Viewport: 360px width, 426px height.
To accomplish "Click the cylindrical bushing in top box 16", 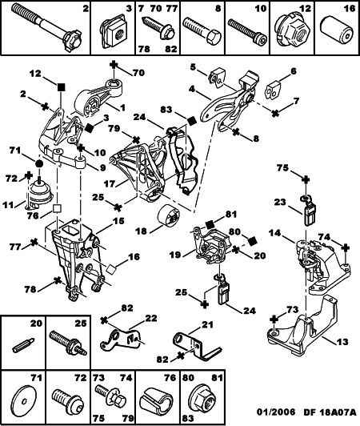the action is pyautogui.click(x=337, y=31).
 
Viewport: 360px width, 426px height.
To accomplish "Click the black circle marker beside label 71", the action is pyautogui.click(x=39, y=164).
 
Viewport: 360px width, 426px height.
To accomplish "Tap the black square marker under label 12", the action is pyautogui.click(x=62, y=87).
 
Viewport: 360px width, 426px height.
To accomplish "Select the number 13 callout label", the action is pyautogui.click(x=342, y=341).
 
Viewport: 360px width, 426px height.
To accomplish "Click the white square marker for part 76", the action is pyautogui.click(x=58, y=209).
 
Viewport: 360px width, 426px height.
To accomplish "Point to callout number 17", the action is pyautogui.click(x=110, y=183).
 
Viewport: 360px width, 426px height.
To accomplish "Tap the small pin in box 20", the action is pyautogui.click(x=24, y=345).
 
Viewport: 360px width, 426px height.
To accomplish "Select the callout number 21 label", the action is pyautogui.click(x=207, y=324).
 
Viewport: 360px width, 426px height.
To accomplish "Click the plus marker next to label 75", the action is pyautogui.click(x=306, y=179).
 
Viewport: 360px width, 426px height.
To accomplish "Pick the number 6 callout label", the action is pyautogui.click(x=294, y=71).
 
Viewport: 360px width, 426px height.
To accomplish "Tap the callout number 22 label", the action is pyautogui.click(x=150, y=318).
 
